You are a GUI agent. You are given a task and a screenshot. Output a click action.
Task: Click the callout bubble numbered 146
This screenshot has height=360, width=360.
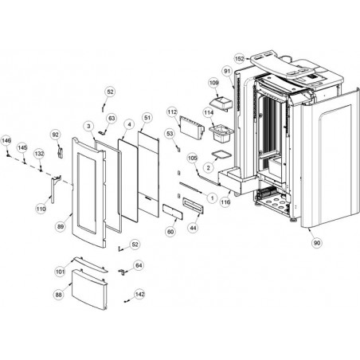6,140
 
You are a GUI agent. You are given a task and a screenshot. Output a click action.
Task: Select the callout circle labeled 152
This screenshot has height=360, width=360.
240,59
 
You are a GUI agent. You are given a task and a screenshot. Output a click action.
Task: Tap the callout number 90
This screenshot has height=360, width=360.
317,243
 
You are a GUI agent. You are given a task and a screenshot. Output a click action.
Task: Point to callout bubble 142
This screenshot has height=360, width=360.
140,294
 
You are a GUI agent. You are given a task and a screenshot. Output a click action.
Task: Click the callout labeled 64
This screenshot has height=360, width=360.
139,265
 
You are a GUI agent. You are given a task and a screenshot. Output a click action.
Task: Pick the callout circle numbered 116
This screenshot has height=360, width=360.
225,202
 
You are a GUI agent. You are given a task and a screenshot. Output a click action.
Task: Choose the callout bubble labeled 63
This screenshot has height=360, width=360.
112,118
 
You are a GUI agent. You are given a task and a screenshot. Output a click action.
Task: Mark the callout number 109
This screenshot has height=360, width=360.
214,83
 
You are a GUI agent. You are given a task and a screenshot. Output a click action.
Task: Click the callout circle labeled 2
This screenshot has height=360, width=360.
209,168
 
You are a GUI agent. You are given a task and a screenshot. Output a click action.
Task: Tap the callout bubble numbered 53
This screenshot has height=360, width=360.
170,134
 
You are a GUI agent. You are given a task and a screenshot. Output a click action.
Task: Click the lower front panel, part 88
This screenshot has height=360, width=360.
90,289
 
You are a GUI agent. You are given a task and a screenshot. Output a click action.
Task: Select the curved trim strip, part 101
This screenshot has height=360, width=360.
91,264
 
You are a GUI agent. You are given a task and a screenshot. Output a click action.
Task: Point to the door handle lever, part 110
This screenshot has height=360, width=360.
55,189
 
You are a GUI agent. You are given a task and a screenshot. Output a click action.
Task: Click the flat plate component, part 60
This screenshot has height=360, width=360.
173,212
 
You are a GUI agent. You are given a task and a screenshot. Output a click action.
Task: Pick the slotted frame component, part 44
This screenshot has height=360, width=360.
194,205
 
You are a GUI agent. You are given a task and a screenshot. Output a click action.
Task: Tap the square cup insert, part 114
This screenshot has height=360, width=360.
221,134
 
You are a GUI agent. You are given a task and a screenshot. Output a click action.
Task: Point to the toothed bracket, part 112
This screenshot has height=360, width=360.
192,127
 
